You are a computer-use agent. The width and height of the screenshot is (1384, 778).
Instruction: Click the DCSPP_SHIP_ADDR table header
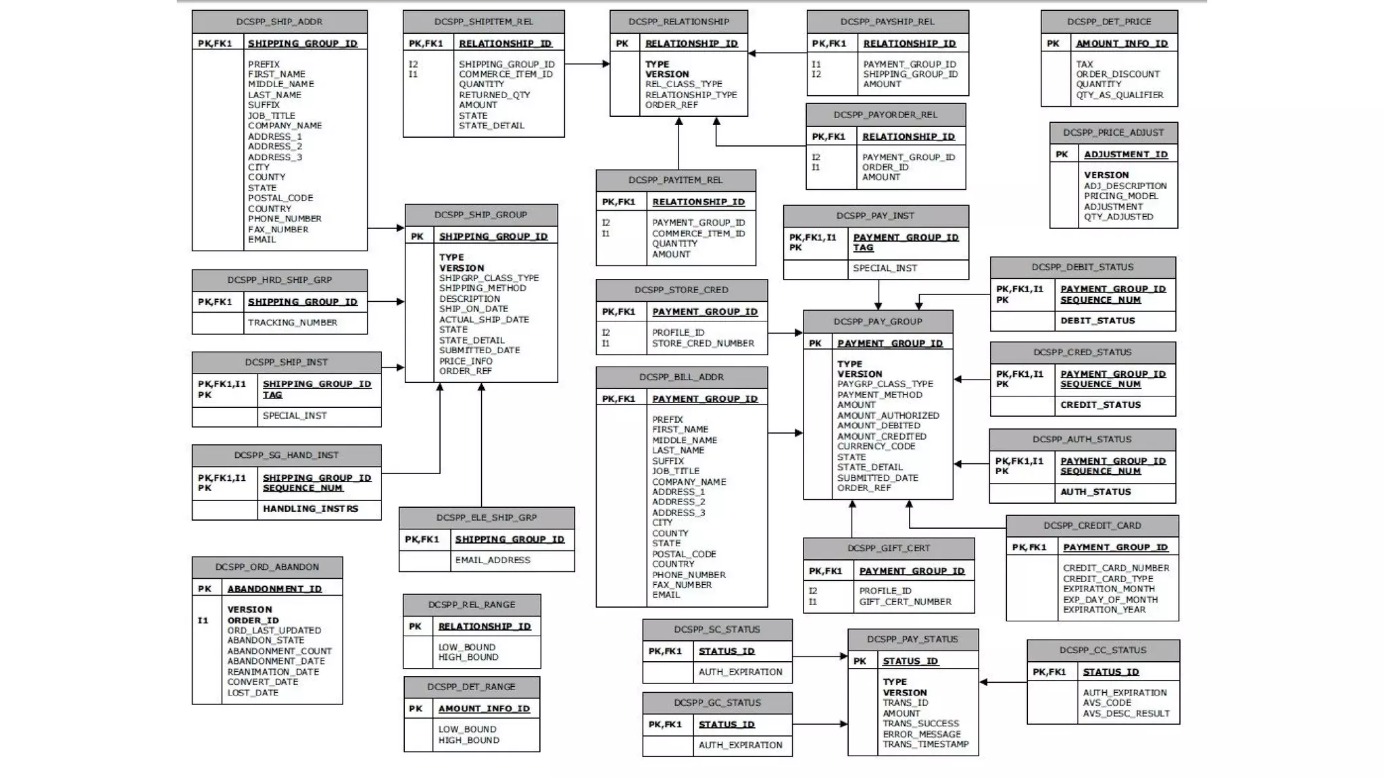[279, 22]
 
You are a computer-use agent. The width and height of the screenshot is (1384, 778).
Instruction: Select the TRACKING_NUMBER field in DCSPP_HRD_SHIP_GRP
[292, 323]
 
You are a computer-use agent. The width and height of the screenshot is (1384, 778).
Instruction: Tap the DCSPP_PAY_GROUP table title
[877, 321]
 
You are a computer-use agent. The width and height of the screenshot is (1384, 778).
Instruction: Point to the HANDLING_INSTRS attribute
[310, 509]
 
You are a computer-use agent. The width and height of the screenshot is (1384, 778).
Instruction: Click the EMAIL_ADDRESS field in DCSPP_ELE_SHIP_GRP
[492, 560]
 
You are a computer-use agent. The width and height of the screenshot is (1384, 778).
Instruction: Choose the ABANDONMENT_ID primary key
[274, 589]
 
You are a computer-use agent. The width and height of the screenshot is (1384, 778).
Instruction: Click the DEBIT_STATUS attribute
[1097, 321]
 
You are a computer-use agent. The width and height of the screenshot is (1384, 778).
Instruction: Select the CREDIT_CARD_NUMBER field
[1116, 568]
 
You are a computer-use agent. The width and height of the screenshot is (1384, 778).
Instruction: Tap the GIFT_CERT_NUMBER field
[905, 602]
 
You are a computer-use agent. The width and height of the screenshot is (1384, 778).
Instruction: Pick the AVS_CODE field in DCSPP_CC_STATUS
[1106, 703]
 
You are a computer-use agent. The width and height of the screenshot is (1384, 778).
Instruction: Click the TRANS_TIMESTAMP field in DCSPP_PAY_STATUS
[925, 744]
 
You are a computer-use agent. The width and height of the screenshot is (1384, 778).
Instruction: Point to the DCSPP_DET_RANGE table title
[471, 687]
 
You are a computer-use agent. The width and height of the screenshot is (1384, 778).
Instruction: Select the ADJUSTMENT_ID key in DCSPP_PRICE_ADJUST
[1125, 155]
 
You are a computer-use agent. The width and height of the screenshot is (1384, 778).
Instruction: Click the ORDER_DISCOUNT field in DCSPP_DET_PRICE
[1118, 74]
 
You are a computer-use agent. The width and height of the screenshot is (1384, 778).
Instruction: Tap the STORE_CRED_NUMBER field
[703, 343]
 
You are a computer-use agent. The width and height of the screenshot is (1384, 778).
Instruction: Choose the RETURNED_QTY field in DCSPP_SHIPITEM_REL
[494, 95]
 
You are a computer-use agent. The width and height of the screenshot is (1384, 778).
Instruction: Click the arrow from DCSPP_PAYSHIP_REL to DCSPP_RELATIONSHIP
[777, 53]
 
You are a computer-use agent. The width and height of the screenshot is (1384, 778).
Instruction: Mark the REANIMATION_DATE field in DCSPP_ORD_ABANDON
[273, 672]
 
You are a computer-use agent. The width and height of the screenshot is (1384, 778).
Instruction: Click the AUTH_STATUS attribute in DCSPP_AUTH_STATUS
[1095, 492]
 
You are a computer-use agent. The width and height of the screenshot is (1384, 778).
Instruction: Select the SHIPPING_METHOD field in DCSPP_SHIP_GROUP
[482, 288]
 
